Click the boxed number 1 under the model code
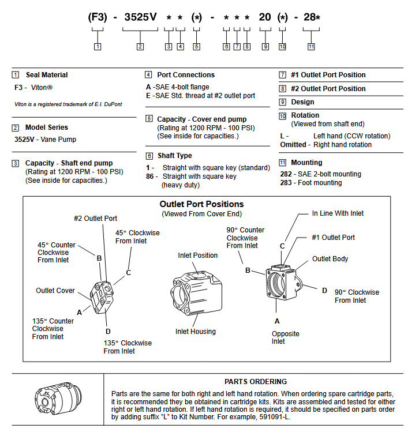pos(98,46)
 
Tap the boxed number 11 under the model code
pos(311,46)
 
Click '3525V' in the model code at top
pos(140,17)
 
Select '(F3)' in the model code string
pos(98,17)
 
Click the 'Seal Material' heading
pos(46,75)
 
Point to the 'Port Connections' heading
pos(186,75)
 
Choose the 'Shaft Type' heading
pos(174,156)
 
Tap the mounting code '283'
pos(286,183)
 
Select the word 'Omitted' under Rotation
pos(294,145)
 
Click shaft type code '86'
pos(151,176)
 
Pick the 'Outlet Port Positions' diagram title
pos(201,204)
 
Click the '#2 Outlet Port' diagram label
pos(95,219)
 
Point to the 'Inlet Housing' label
pos(196,332)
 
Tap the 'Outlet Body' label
pos(330,259)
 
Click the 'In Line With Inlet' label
pos(338,213)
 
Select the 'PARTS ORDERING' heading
pos(256,381)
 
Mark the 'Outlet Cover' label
pos(55,291)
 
